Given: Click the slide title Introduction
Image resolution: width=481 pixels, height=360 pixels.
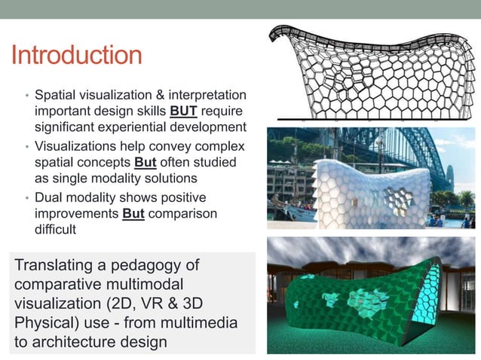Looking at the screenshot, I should (x=76, y=55).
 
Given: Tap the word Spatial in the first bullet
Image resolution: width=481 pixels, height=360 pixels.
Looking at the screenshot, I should (x=56, y=95).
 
